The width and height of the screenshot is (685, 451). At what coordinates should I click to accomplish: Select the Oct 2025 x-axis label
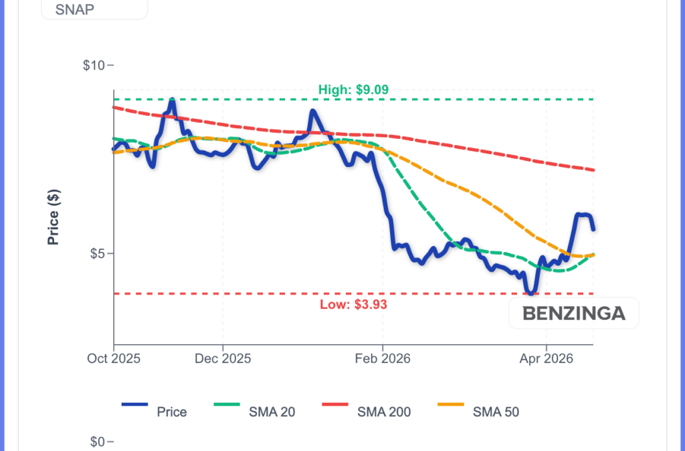(x=114, y=358)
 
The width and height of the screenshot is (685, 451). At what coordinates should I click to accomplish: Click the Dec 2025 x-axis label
(x=223, y=358)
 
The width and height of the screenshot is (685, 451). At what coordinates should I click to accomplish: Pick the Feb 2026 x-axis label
(x=383, y=358)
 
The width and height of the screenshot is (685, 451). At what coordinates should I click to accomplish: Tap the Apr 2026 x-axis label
(x=547, y=358)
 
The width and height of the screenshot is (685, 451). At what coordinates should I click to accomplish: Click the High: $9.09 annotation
(x=353, y=90)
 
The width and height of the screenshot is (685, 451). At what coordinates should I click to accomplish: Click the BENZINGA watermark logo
(x=573, y=313)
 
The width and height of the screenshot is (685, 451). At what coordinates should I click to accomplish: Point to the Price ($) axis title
(x=54, y=217)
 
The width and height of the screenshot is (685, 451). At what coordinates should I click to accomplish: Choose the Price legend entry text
(x=171, y=412)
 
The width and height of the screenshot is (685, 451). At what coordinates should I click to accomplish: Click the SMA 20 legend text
(x=272, y=412)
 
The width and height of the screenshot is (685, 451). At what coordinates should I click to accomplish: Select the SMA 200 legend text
(x=385, y=412)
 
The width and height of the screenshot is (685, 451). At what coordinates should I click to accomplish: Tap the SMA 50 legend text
(x=496, y=412)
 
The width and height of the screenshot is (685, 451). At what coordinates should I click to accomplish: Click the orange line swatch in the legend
(x=453, y=405)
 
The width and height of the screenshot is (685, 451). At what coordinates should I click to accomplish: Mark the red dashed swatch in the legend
(x=341, y=405)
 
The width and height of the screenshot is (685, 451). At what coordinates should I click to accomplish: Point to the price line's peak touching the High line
(x=173, y=100)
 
